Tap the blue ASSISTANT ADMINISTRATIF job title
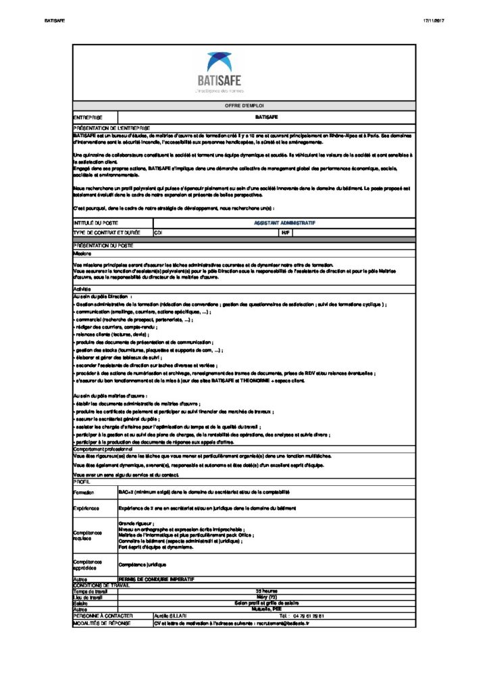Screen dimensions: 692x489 284,222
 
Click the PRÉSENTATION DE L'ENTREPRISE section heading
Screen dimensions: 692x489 111,127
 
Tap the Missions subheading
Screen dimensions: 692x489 82,253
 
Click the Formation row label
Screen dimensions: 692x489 84,493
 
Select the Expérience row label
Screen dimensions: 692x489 86,508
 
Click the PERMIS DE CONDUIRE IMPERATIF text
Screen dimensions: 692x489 156,579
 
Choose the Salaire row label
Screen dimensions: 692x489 81,603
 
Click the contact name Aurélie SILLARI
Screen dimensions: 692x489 170,616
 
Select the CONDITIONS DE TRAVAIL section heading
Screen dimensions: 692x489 101,585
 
